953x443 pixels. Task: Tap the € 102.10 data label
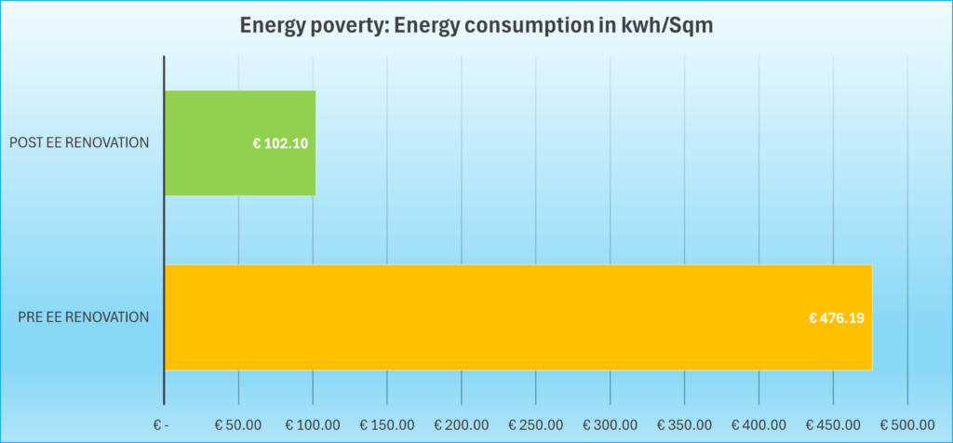[280, 143]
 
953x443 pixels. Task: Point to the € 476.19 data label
[837, 317]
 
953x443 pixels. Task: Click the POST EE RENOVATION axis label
[79, 143]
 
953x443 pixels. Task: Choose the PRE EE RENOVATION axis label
[84, 317]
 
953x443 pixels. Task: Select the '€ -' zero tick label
[162, 424]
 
